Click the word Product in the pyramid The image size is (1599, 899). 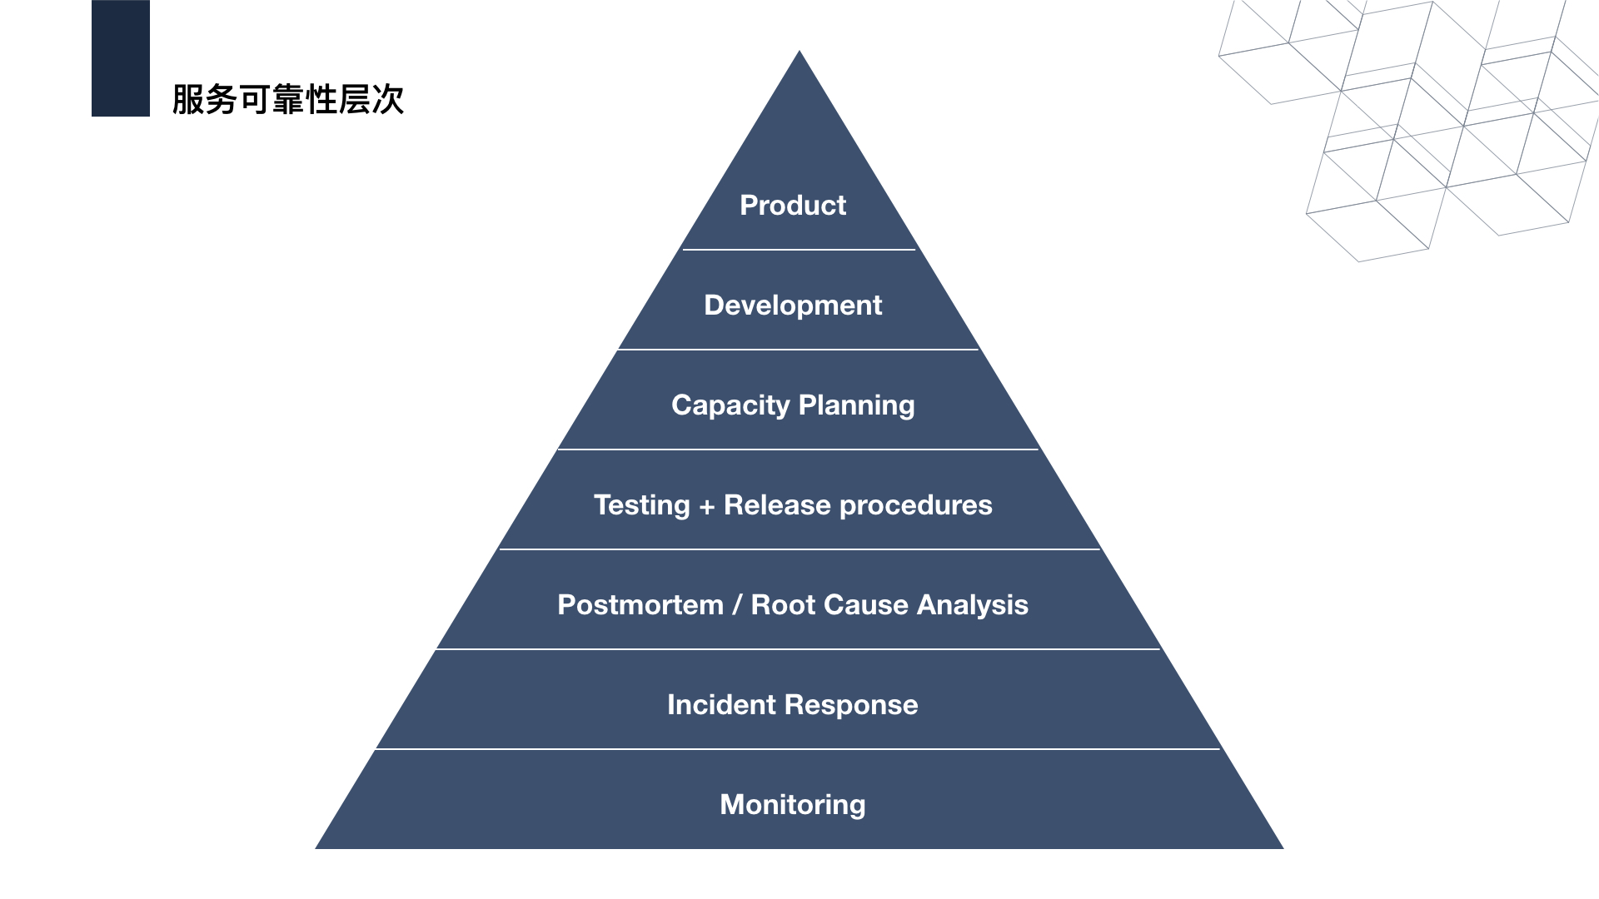[793, 206]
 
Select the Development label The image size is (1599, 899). [793, 305]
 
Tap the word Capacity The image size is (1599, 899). [730, 405]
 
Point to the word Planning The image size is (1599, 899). [856, 405]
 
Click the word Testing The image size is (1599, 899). [641, 505]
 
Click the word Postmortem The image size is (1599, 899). [640, 605]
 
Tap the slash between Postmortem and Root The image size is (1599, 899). [737, 605]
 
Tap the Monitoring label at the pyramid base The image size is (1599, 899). [793, 805]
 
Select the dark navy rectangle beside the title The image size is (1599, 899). [121, 58]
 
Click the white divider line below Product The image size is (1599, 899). [799, 250]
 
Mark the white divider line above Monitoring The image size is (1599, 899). [798, 749]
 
